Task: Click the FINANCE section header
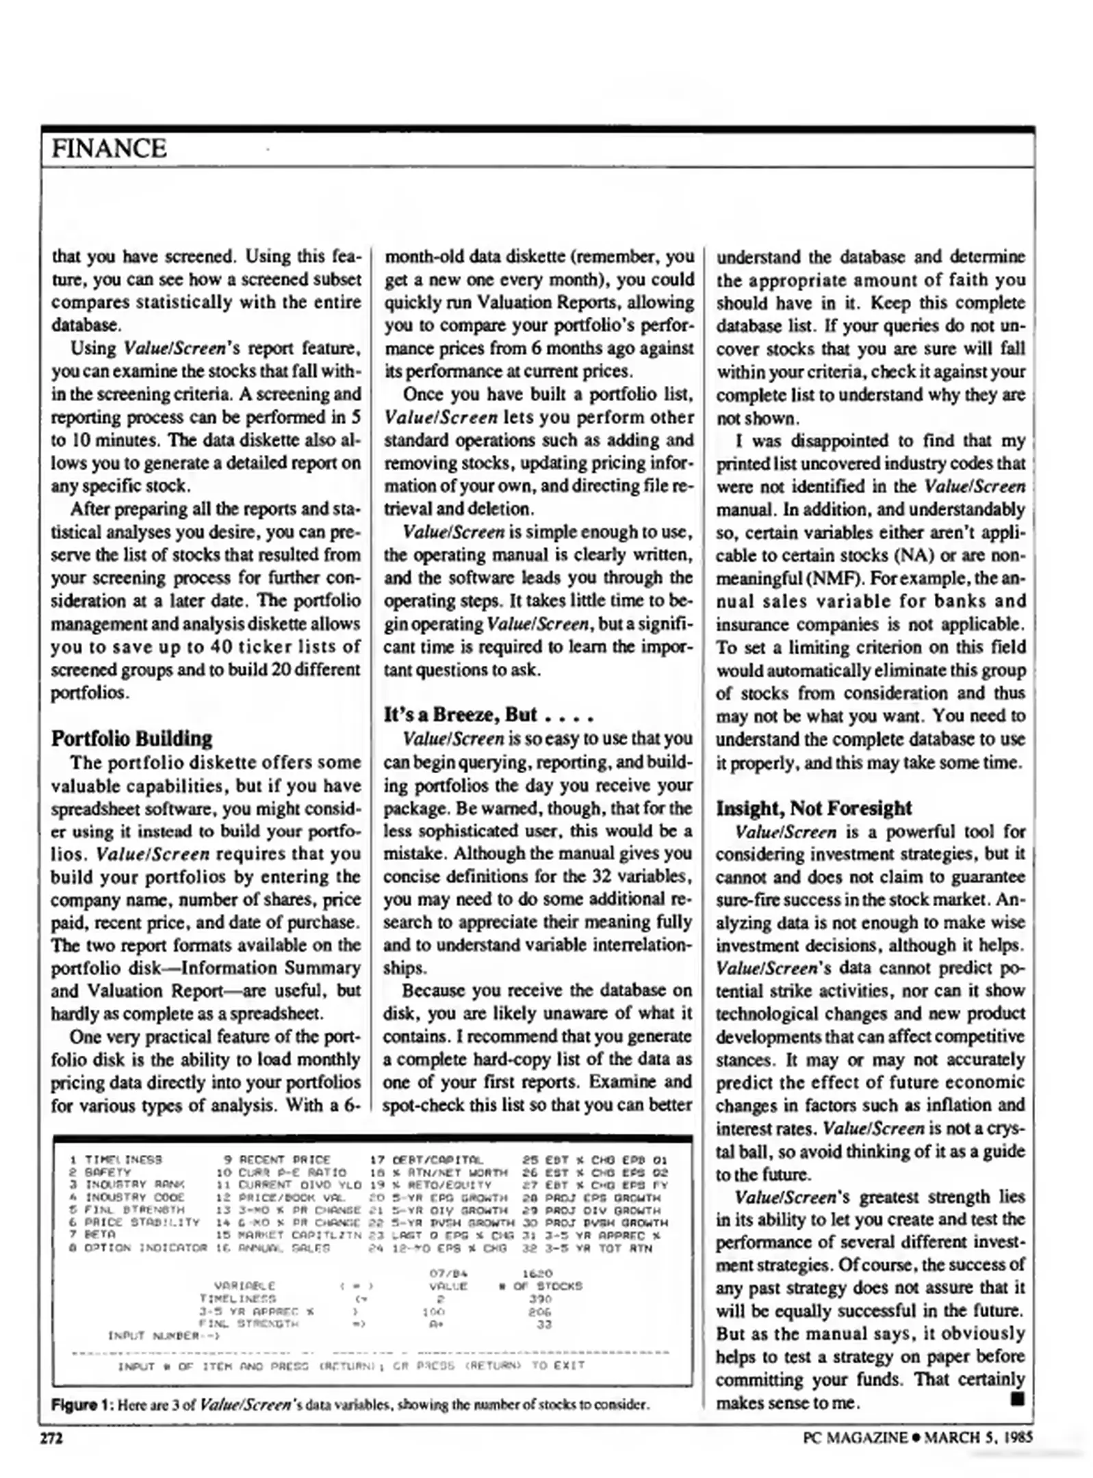tap(109, 148)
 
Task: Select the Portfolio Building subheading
tap(131, 738)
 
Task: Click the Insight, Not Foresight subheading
tap(813, 808)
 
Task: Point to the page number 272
tap(51, 1438)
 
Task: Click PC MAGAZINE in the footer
tap(855, 1438)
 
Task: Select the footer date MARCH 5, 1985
tap(978, 1438)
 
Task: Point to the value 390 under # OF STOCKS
tap(540, 1298)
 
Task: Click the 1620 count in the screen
tap(537, 1273)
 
